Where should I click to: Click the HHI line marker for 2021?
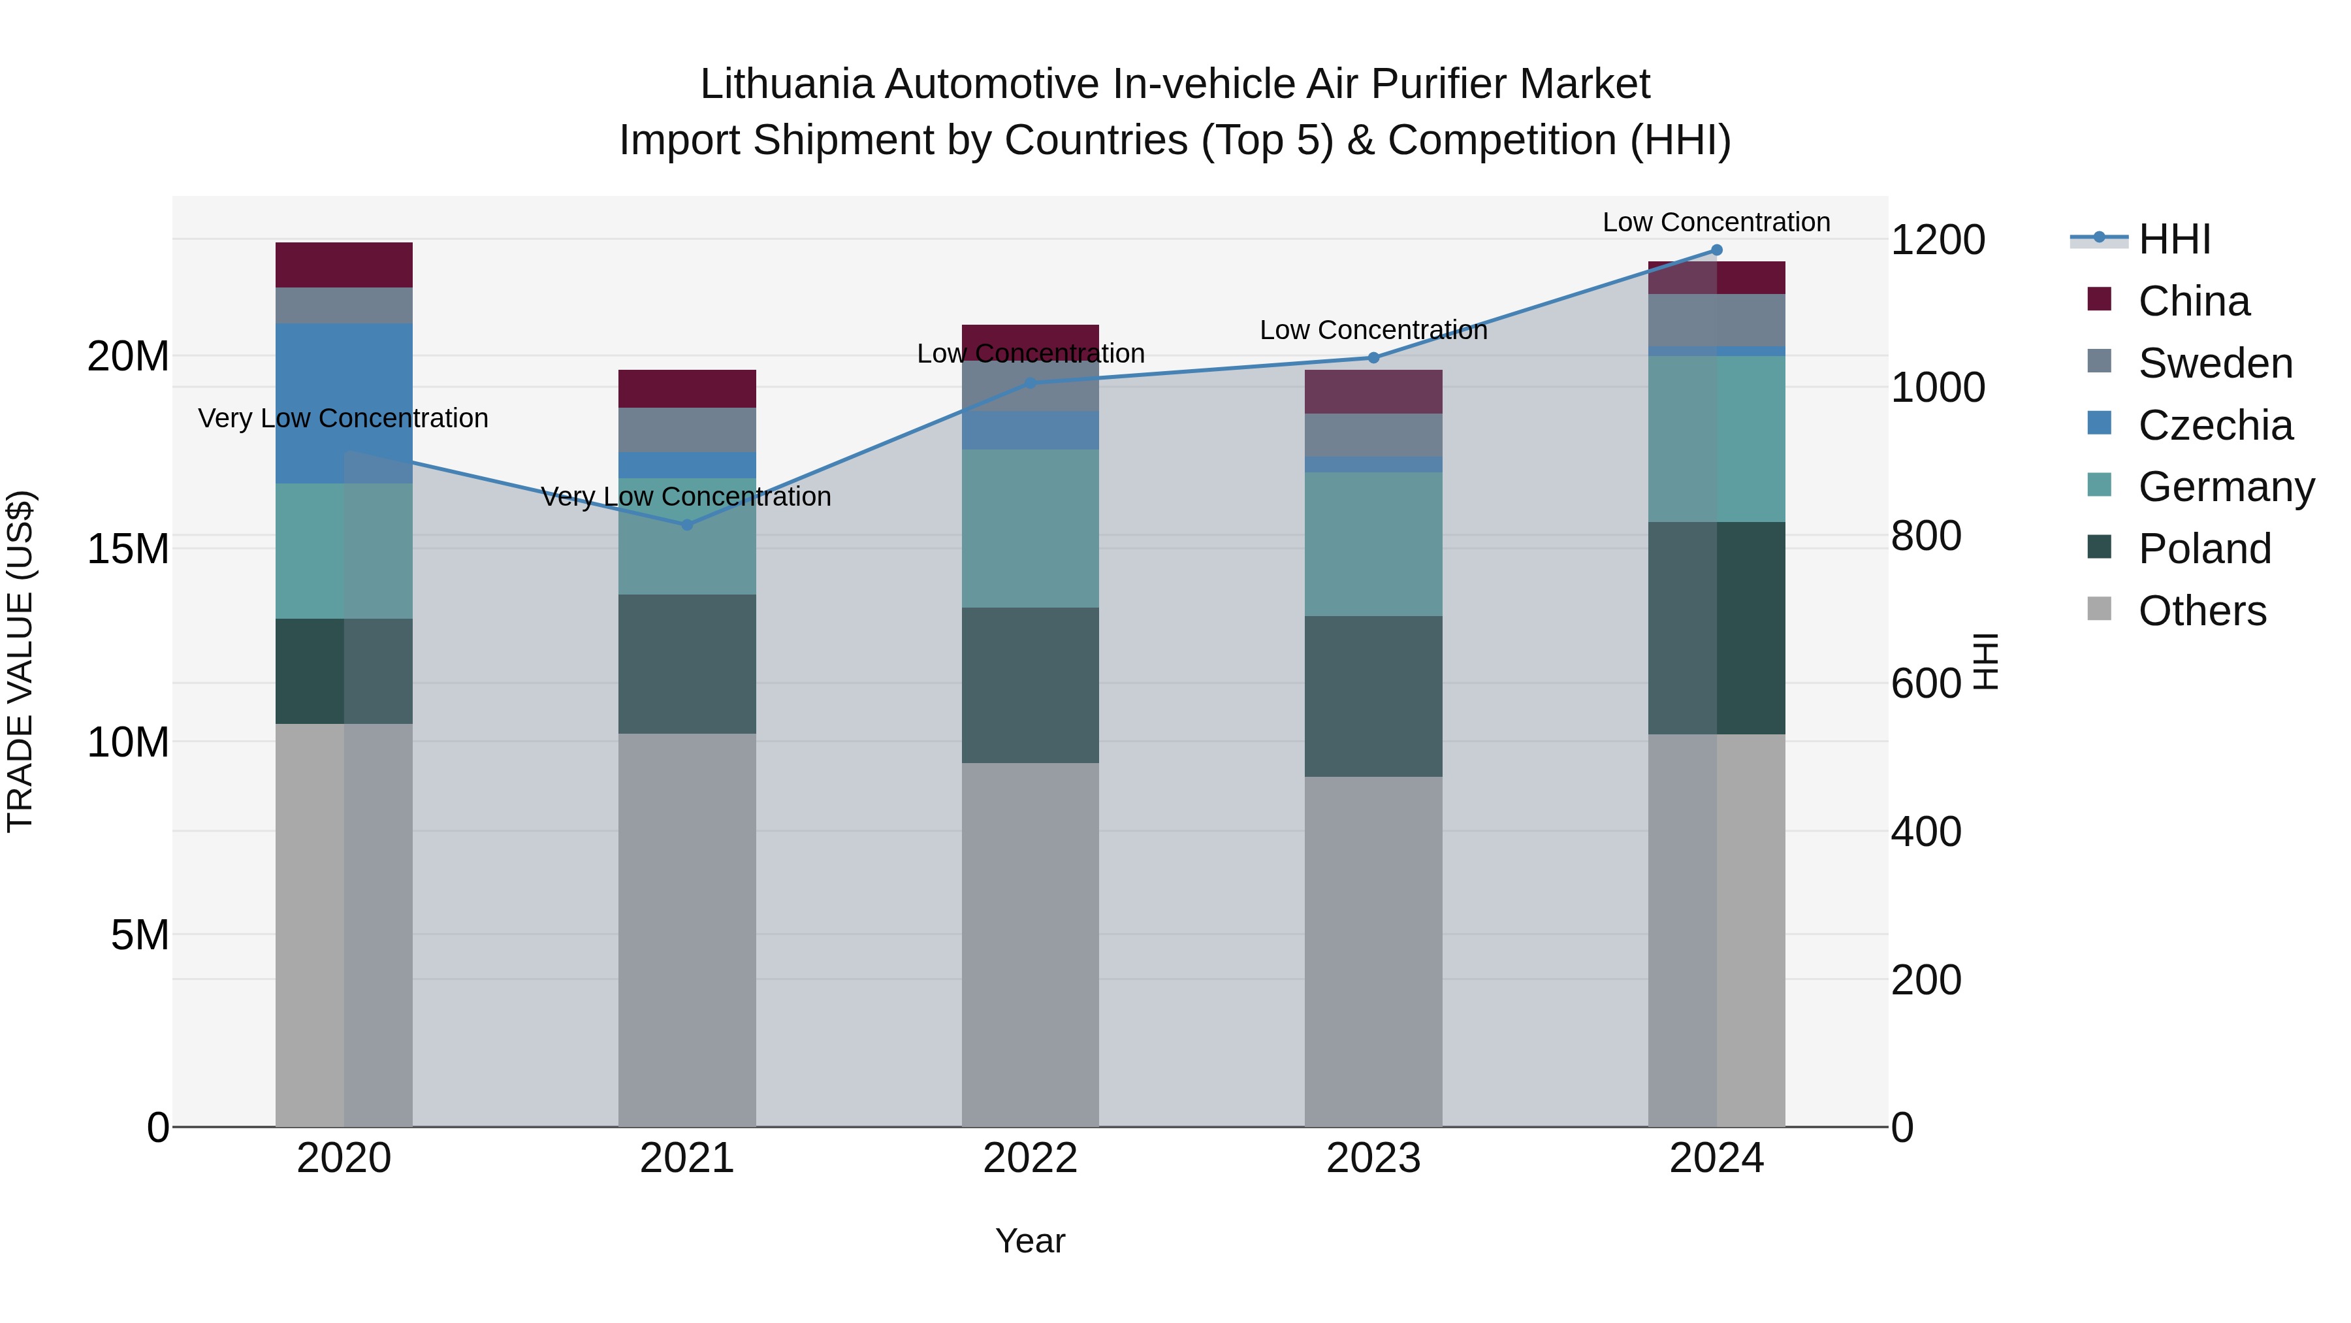click(x=687, y=525)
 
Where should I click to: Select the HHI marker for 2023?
click(x=1373, y=358)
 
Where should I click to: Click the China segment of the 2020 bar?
click(x=344, y=265)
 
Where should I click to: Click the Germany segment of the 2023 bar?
click(x=1373, y=544)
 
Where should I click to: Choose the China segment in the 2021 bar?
click(x=687, y=388)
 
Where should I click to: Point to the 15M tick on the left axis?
click(x=128, y=549)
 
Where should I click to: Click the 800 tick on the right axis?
click(x=1926, y=536)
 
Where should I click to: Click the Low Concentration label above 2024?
click(x=1716, y=222)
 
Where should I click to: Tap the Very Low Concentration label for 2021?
click(x=686, y=497)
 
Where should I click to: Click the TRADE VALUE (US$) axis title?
click(x=20, y=661)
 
